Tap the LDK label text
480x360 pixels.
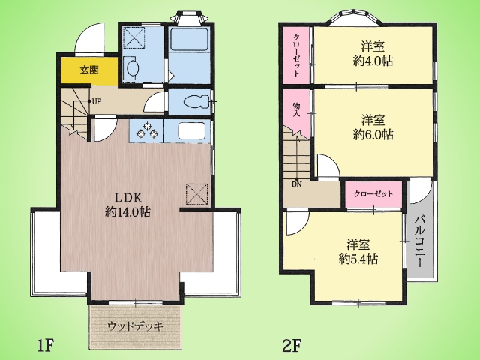(x=128, y=198)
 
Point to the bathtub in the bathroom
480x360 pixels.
(x=189, y=40)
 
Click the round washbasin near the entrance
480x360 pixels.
(x=132, y=67)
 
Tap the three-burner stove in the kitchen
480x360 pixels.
(x=147, y=131)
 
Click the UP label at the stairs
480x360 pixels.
(x=96, y=102)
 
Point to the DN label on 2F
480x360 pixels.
(x=297, y=184)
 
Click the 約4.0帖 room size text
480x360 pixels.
(x=373, y=61)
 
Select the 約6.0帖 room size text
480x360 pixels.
(x=373, y=134)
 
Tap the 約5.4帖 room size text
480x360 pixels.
(x=358, y=259)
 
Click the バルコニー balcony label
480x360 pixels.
(x=420, y=241)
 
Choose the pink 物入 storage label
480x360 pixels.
(x=296, y=110)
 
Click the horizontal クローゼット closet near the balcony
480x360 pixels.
(x=373, y=194)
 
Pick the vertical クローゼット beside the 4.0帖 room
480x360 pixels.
(x=297, y=55)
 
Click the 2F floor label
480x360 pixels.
(x=292, y=346)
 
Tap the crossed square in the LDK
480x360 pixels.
(x=196, y=194)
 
